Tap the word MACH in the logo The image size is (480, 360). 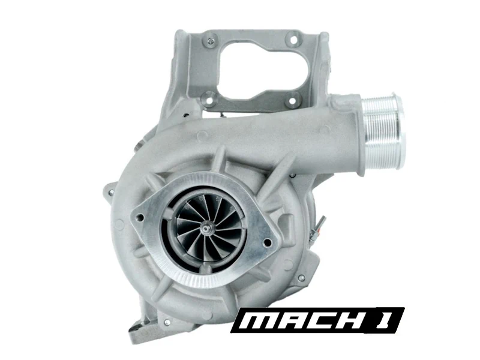tap(301, 320)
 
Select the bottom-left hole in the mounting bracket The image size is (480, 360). tap(210, 99)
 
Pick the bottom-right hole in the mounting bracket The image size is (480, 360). tap(292, 100)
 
